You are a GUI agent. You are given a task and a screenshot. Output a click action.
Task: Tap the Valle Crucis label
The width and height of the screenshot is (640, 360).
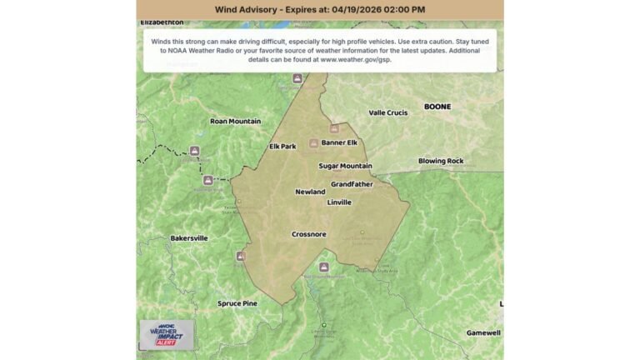389,112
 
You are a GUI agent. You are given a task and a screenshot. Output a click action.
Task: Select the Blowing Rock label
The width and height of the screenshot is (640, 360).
441,161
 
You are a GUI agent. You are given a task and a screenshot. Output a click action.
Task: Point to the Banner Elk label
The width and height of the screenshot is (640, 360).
339,142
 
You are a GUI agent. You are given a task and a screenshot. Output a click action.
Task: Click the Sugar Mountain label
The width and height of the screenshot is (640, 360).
345,166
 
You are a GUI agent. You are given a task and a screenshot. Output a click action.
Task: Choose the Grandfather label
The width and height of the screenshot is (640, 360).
352,183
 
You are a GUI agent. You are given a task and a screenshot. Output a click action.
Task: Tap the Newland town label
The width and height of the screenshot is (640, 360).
310,192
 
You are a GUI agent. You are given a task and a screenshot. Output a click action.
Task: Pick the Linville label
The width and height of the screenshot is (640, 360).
339,202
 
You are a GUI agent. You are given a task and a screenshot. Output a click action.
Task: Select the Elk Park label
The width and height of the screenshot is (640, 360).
282,147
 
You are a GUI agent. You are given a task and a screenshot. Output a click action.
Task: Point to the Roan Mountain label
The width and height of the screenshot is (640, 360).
235,121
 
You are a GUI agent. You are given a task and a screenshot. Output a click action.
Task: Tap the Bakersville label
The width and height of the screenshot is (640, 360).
189,238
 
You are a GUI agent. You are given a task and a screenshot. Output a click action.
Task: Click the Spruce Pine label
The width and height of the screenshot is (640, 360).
237,303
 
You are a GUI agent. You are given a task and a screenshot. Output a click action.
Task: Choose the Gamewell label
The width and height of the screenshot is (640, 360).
483,332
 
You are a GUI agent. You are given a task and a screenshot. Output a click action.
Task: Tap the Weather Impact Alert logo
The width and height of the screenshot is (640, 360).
167,334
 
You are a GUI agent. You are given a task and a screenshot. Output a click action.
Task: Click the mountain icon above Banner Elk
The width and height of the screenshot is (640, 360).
334,129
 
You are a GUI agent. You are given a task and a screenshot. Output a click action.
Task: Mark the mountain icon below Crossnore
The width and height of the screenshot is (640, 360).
324,267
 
